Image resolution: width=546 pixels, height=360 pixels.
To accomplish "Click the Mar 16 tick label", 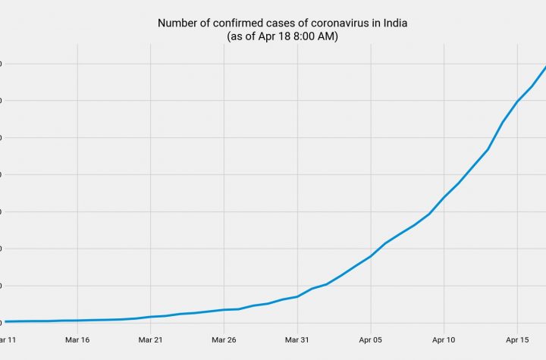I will (77, 340).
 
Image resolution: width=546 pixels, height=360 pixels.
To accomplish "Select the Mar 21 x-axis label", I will (151, 340).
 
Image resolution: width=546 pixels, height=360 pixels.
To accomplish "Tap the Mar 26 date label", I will (224, 340).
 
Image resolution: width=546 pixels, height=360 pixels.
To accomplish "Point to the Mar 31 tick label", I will (297, 340).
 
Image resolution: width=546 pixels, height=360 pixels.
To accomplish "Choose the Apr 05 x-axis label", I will (371, 340).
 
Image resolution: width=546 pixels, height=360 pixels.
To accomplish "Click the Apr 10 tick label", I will (444, 340).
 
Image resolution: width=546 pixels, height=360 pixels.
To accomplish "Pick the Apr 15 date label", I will (518, 340).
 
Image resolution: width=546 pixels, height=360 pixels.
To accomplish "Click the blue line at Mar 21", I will (151, 317).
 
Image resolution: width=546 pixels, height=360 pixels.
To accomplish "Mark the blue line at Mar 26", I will (224, 309).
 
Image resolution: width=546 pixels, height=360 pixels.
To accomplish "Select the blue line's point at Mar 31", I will (297, 296).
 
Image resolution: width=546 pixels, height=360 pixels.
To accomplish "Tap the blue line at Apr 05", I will (371, 256).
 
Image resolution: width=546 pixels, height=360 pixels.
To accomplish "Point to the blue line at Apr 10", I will (444, 197).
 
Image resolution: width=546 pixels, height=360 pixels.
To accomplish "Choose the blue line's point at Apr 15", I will (518, 101).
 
